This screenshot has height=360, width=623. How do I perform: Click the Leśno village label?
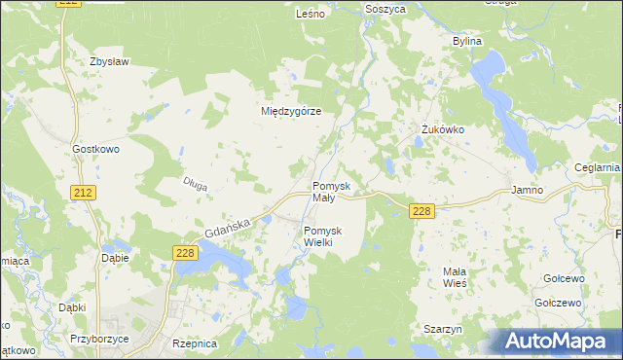(x=310, y=15)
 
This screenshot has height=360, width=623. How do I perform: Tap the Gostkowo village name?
(x=95, y=149)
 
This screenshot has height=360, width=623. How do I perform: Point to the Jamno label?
(x=527, y=191)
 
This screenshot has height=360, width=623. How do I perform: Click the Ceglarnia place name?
(x=597, y=167)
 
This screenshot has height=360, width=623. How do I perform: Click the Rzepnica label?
(x=194, y=343)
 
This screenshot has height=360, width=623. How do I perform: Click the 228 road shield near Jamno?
(x=421, y=211)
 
